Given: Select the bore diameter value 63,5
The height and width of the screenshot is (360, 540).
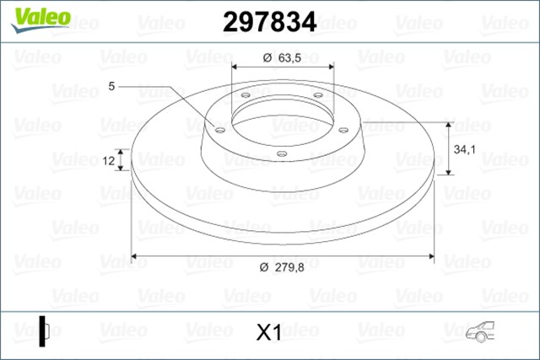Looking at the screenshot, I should [289, 58].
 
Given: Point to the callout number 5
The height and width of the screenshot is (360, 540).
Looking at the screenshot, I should [112, 85].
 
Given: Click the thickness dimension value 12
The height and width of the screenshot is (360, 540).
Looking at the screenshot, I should [109, 159].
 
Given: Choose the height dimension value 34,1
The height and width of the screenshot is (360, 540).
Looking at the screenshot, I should [468, 149].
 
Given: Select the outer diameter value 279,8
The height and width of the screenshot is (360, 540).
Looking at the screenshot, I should [289, 268].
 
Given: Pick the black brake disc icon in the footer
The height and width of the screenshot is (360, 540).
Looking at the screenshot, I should [43, 330].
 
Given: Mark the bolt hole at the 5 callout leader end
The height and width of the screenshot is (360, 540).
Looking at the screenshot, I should [219, 131].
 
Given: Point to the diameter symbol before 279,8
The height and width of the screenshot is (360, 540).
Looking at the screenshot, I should [263, 268].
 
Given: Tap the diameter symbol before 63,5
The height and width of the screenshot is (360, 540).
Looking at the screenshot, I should [265, 58].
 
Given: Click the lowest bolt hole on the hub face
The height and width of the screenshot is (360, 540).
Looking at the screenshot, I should [282, 153].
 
